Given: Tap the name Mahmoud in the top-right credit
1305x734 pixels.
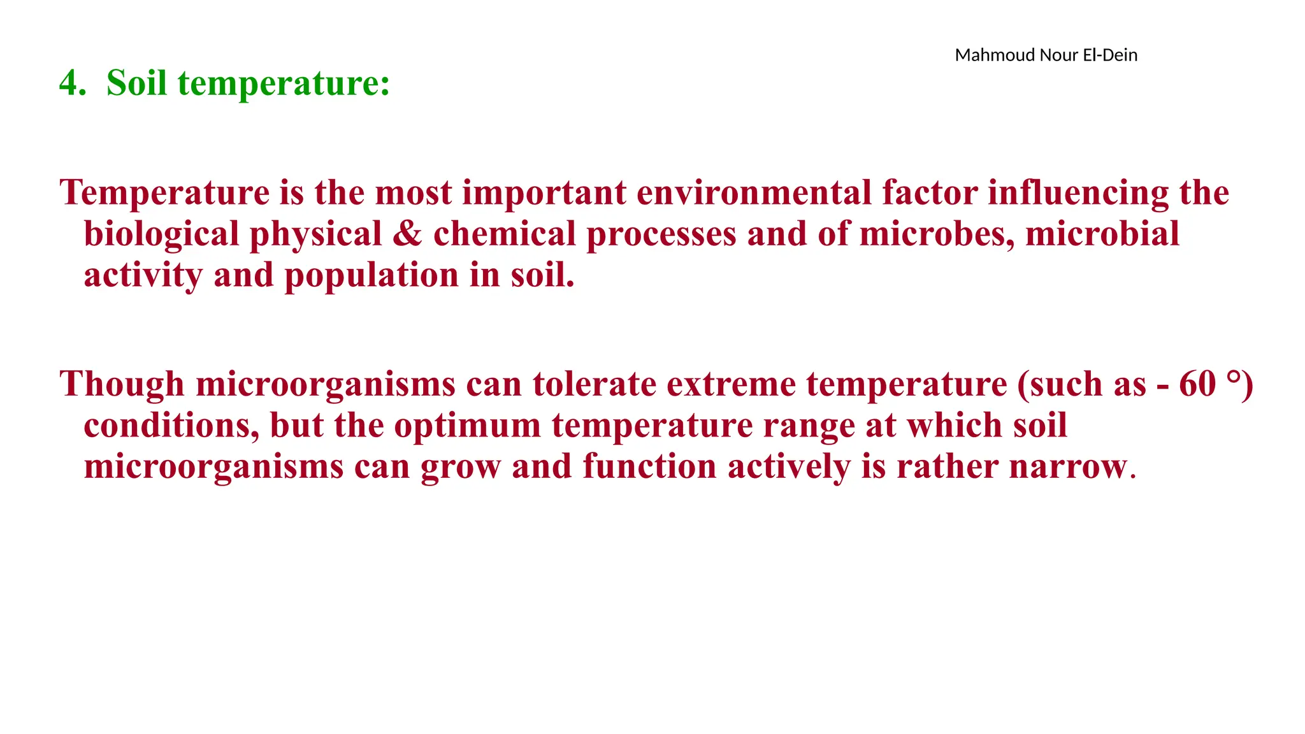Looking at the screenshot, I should point(995,55).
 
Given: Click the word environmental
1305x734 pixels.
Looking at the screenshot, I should point(754,193).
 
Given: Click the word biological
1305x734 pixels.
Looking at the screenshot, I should point(161,234).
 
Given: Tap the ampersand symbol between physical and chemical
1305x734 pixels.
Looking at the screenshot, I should point(408,234).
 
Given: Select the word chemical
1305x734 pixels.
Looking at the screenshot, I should point(505,234).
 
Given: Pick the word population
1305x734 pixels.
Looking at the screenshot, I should point(371,275).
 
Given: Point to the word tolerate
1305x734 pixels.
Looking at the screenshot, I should point(595,384).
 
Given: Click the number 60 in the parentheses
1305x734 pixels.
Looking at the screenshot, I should point(1197,384).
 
